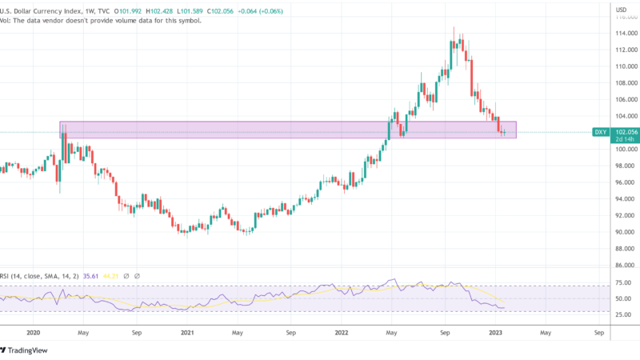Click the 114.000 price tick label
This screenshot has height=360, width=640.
625,33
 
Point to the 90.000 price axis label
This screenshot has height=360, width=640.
625,232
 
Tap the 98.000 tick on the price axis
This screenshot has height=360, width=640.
625,166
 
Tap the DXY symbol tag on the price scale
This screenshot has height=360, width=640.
599,132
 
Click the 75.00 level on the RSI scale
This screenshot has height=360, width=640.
623,282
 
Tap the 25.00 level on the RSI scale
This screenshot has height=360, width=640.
623,314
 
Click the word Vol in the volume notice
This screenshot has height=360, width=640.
6,20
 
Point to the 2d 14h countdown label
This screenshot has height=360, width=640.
625,141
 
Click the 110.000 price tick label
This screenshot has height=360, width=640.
625,66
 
